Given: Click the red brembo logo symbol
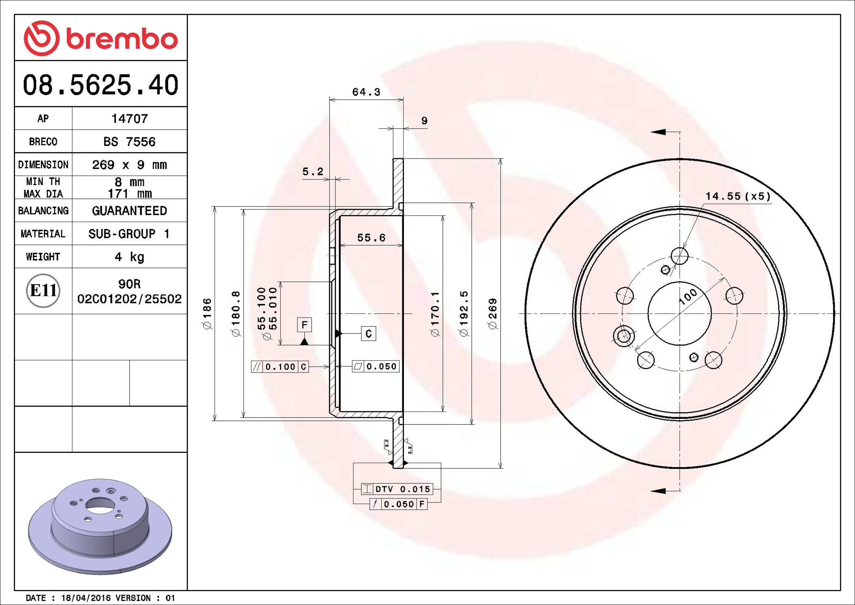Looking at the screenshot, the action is [42, 38].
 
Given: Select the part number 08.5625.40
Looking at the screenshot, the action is [100, 85].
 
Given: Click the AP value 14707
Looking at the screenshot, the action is [130, 118].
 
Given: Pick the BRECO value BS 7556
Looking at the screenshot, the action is [129, 141].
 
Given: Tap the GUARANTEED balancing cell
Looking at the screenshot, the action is [129, 211].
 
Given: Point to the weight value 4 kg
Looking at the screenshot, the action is [129, 257].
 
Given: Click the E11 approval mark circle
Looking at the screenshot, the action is [43, 290].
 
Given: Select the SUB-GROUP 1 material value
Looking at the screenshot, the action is [129, 234].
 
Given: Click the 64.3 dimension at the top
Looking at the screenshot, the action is [366, 92].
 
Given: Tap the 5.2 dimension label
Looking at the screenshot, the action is [313, 172].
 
